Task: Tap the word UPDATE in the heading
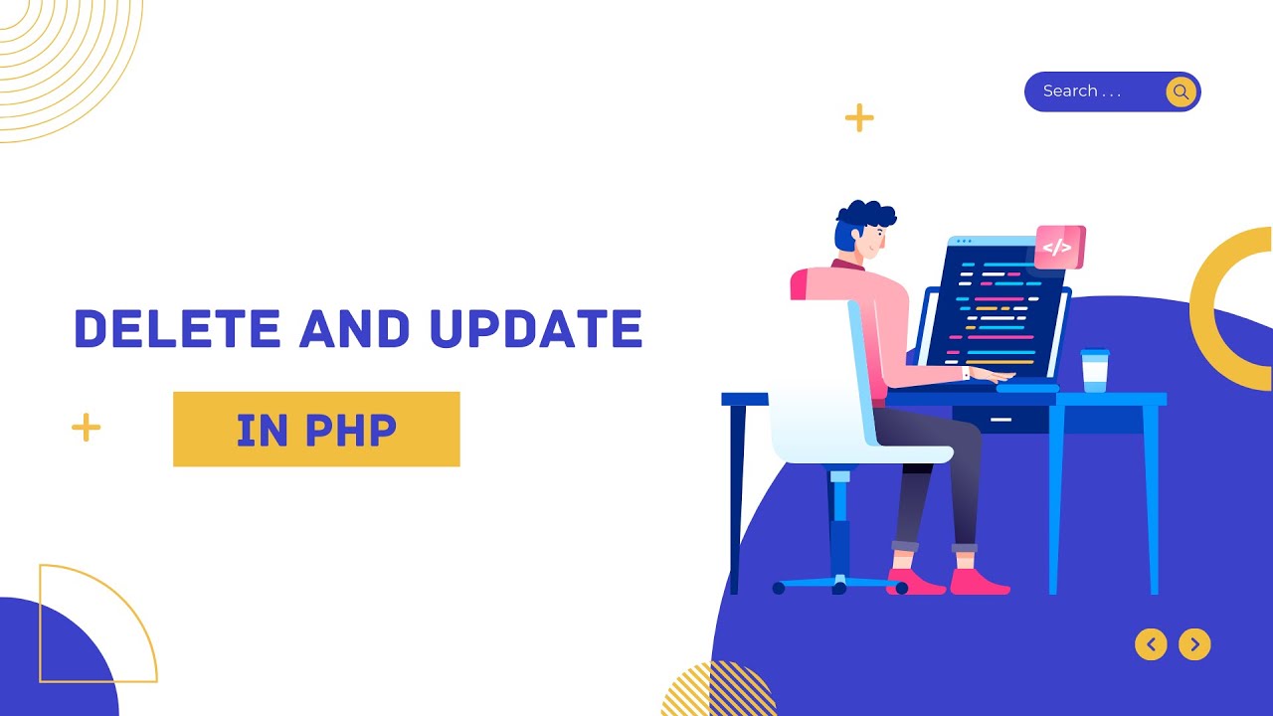pos(536,329)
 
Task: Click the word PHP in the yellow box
pos(351,430)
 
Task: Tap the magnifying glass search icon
pos(1181,91)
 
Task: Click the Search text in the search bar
pos(1069,91)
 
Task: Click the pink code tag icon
pos(1058,247)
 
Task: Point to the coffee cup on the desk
pos(1094,370)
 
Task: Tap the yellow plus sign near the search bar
pos(859,118)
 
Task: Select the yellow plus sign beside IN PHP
pos(87,428)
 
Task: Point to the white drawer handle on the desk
pos(1001,420)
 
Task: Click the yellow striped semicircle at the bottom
pos(718,692)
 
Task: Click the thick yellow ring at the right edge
pos(1218,308)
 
